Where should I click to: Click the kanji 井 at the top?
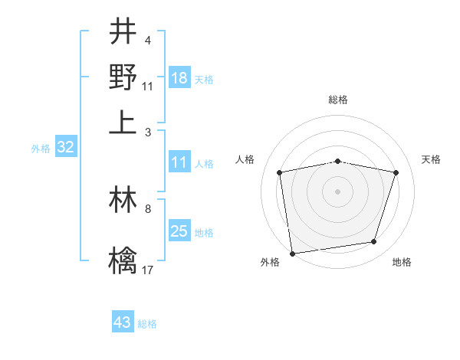click(x=123, y=32)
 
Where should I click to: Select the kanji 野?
click(x=123, y=77)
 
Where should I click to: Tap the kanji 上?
click(x=123, y=123)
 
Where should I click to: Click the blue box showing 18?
click(x=179, y=77)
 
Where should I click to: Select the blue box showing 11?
click(x=179, y=162)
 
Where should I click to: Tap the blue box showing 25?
click(x=179, y=231)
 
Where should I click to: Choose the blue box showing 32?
click(x=65, y=147)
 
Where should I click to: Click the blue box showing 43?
click(x=123, y=322)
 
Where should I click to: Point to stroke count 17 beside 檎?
click(x=148, y=270)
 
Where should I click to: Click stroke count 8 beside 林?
click(x=148, y=208)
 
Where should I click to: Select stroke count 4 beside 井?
click(x=148, y=41)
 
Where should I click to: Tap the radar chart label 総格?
click(x=338, y=100)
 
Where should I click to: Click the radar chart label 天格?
click(x=431, y=159)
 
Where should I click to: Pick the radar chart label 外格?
click(x=270, y=262)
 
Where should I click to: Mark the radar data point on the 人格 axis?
click(x=280, y=172)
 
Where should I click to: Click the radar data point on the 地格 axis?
click(x=374, y=242)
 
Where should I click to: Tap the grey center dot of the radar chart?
click(x=338, y=191)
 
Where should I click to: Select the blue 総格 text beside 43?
click(x=147, y=323)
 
